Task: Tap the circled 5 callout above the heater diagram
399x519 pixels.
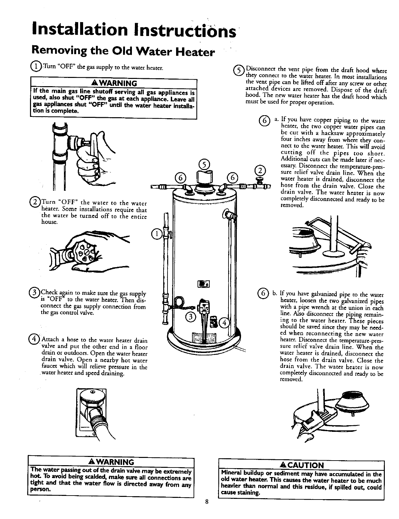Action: tap(204, 164)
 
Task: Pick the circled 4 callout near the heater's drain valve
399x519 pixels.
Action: tap(224, 323)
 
